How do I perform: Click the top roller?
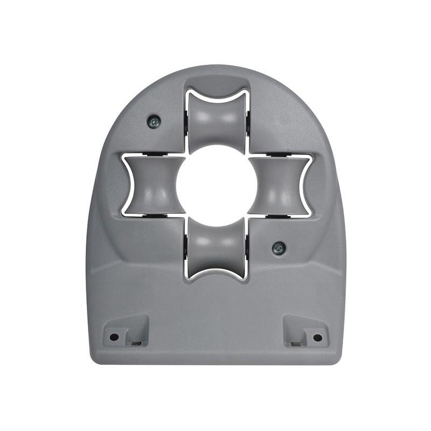217,120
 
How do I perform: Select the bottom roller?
217,249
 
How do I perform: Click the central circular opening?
217,185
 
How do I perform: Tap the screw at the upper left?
154,122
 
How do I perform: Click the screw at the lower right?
279,248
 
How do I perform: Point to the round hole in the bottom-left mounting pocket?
114,337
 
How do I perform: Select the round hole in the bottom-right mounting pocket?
317,337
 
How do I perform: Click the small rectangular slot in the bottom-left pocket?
136,343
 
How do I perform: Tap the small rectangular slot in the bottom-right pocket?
295,343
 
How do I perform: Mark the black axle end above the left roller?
152,155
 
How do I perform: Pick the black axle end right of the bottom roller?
248,249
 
